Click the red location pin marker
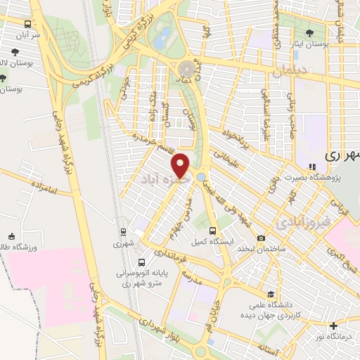(x=181, y=166)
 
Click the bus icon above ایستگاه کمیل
(x=212, y=230)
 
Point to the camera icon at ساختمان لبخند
(x=262, y=238)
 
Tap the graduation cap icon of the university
(x=271, y=294)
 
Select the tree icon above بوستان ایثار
(x=310, y=33)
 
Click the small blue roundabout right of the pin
(x=202, y=176)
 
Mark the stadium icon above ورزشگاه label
(x=11, y=236)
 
